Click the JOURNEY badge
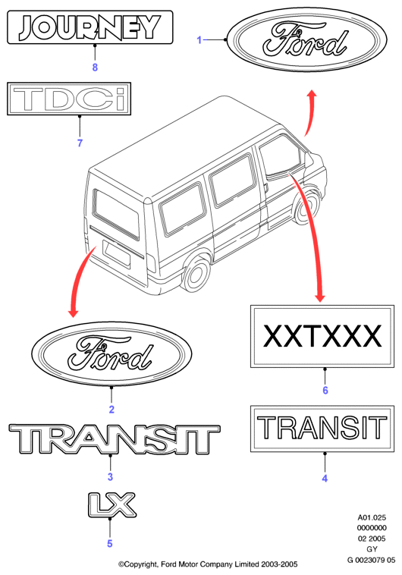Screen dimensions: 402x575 (x=90, y=27)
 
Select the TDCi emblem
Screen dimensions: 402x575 (x=69, y=99)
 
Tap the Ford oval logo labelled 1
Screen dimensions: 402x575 (x=307, y=39)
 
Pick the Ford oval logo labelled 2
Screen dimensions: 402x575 (x=111, y=353)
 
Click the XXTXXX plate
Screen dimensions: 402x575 (x=322, y=336)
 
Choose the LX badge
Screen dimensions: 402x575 (x=112, y=504)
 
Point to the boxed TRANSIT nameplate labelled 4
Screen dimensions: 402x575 (x=322, y=429)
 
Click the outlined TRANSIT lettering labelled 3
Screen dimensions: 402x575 (x=115, y=439)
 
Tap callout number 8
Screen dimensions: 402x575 (x=95, y=68)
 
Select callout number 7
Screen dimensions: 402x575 (x=80, y=143)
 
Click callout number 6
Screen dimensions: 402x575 (x=325, y=390)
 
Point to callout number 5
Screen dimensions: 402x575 (x=110, y=543)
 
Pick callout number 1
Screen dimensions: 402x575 (x=199, y=39)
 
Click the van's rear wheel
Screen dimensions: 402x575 (x=196, y=274)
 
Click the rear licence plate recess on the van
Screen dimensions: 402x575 (x=116, y=253)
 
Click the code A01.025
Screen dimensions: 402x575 (x=372, y=517)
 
